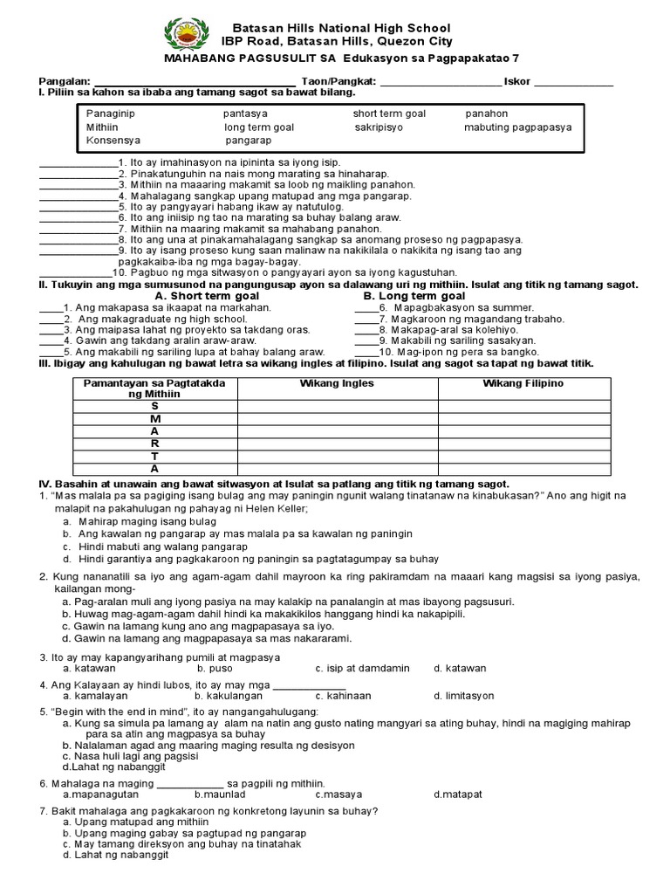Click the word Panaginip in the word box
pos(111,114)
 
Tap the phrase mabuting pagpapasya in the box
pos(517,127)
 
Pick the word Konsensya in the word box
pos(113,140)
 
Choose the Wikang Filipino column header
pos(523,384)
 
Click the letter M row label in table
pos(155,419)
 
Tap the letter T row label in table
pos(155,456)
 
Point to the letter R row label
pos(155,444)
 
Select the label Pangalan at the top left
pos(63,81)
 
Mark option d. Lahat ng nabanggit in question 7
pos(114,856)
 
